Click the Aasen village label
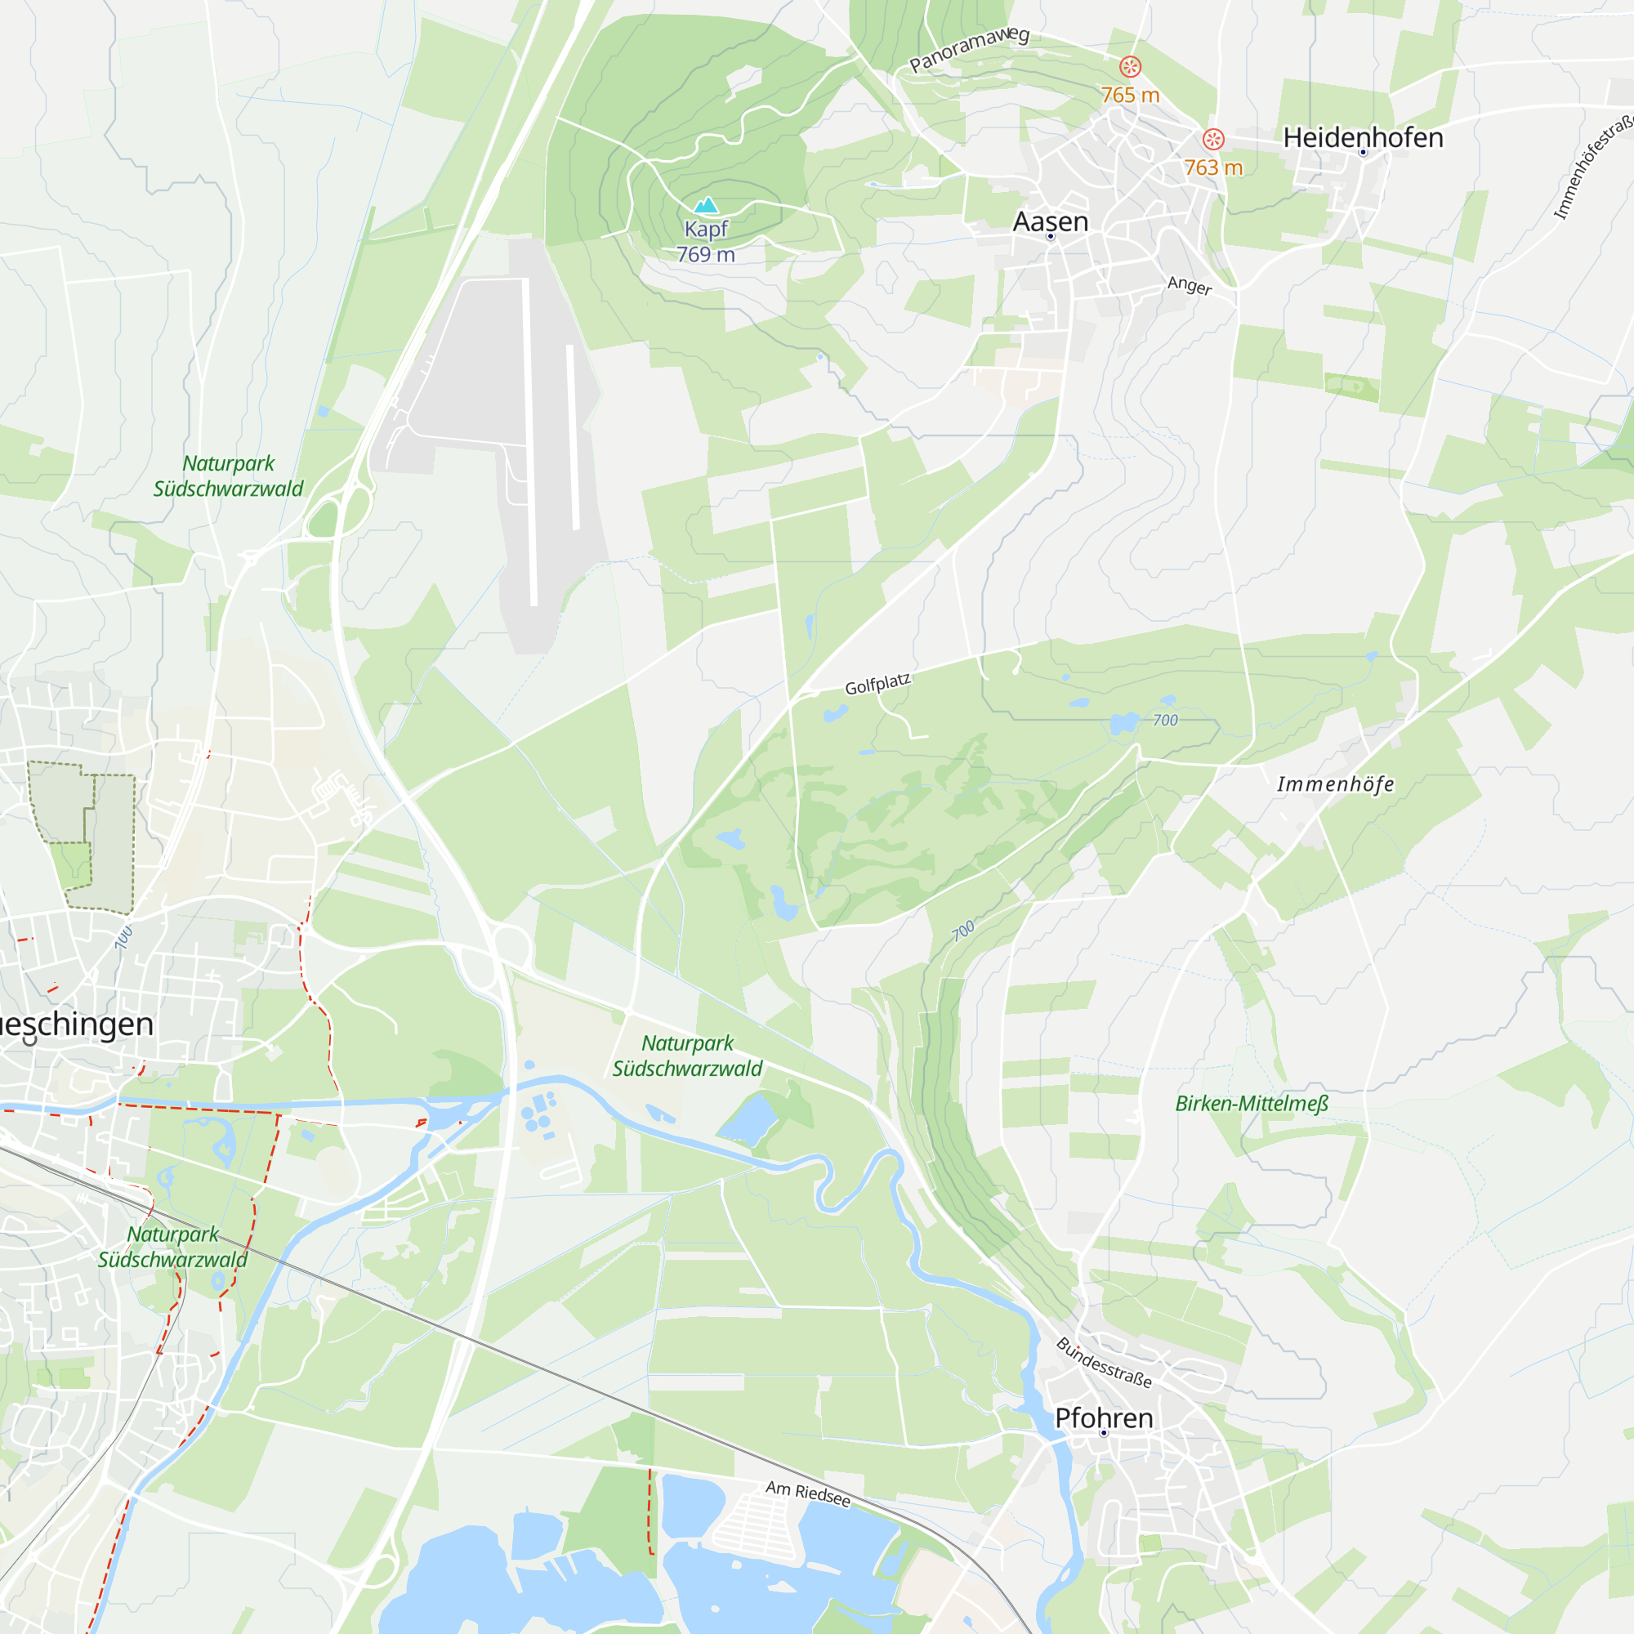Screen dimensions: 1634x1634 (x=1051, y=221)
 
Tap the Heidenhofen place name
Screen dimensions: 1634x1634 (x=1363, y=138)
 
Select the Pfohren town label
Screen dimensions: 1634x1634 (x=1104, y=1418)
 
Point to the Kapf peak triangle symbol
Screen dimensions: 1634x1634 (x=705, y=205)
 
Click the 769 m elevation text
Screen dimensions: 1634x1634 (x=705, y=255)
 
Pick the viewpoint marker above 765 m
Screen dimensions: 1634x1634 (x=1130, y=66)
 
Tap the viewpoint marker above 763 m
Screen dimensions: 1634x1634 (x=1212, y=140)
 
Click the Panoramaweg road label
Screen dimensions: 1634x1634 (x=969, y=49)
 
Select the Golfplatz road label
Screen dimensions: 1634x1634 (x=878, y=684)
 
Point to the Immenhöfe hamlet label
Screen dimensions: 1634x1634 (x=1336, y=784)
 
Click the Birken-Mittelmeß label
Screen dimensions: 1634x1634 (x=1252, y=1104)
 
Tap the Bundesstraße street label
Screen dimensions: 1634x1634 (x=1104, y=1364)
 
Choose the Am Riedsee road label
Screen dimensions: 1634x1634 (x=808, y=1493)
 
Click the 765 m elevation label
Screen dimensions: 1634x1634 (x=1130, y=96)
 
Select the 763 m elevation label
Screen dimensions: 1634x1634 (x=1212, y=168)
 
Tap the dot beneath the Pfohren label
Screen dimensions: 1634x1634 (x=1104, y=1434)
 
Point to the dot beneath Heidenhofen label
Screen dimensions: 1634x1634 (x=1363, y=153)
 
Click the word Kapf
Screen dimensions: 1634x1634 (x=705, y=230)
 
